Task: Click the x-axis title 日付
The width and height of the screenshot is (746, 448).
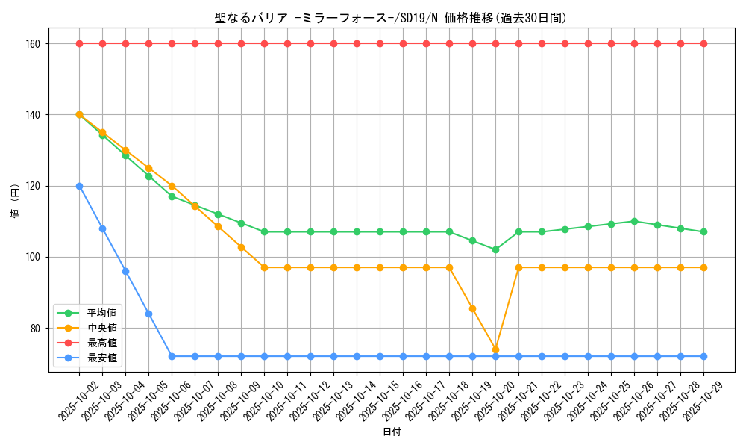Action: point(392,432)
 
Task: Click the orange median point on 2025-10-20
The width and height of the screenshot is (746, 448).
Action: point(495,349)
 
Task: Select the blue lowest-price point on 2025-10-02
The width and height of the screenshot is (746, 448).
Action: point(79,186)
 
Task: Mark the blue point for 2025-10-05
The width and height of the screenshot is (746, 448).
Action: point(148,314)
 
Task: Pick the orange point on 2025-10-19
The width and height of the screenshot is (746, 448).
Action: point(472,308)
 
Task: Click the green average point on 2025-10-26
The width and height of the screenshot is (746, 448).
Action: point(634,221)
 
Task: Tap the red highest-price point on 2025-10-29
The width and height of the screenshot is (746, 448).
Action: point(703,43)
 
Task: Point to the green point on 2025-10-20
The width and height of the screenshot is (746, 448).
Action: point(495,249)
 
